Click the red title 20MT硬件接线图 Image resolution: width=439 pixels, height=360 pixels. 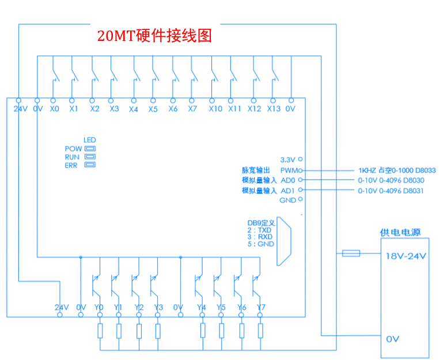click(x=154, y=36)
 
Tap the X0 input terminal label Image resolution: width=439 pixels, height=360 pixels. click(x=54, y=109)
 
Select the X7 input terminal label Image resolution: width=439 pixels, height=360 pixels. click(x=193, y=109)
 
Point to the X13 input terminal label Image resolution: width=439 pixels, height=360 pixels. click(x=274, y=109)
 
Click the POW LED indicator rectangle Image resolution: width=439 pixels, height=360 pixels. click(x=90, y=148)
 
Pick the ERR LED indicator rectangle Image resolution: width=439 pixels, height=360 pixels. click(x=90, y=165)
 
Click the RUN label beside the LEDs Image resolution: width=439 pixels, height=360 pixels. click(x=72, y=157)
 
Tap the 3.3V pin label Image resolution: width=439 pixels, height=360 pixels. click(x=287, y=160)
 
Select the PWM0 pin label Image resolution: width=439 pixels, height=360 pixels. click(x=289, y=170)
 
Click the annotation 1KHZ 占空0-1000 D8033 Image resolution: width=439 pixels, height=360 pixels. click(x=396, y=170)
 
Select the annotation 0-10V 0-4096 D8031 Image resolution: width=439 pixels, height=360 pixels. click(x=391, y=190)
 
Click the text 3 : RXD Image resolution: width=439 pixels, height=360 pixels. click(x=259, y=237)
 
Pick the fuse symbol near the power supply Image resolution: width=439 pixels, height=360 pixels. click(x=351, y=253)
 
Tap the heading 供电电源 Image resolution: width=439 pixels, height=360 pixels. click(x=400, y=233)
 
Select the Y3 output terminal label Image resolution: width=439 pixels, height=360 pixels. click(x=158, y=308)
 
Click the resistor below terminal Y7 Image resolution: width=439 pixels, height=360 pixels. click(x=260, y=331)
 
